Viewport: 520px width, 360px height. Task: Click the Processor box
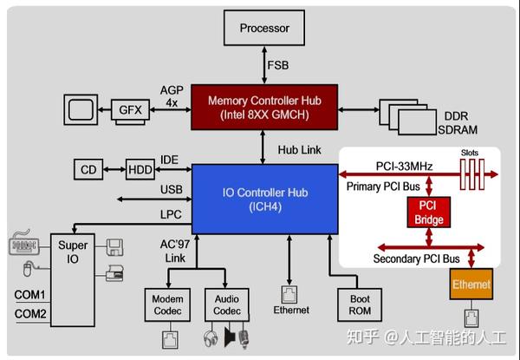point(264,29)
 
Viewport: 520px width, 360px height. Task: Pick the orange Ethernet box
point(471,285)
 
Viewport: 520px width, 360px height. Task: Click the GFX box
point(131,110)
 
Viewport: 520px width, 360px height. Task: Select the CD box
point(88,169)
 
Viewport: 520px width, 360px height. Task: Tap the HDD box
point(140,169)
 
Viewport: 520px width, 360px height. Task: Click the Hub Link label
point(299,149)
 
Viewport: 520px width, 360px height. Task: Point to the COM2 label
point(31,313)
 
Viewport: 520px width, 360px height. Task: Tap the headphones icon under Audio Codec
point(211,337)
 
